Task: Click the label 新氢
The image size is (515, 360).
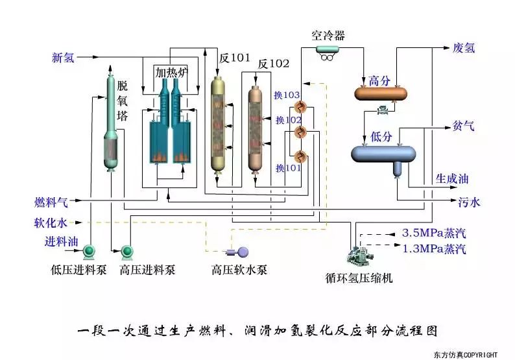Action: (x=63, y=58)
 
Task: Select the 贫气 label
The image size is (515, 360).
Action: (x=463, y=126)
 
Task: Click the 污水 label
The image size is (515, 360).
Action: (x=470, y=202)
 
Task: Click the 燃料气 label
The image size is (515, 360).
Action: (x=51, y=202)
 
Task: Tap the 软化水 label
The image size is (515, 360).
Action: (x=51, y=222)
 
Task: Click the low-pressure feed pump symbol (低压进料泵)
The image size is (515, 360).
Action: (x=88, y=250)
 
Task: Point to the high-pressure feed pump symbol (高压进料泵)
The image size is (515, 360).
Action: (x=126, y=250)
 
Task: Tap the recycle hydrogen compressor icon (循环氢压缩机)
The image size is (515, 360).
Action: (x=359, y=254)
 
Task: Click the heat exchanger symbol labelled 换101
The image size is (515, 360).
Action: (x=300, y=156)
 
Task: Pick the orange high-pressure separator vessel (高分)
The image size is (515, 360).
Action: (x=381, y=93)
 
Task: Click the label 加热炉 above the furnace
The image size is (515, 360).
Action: (x=171, y=73)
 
